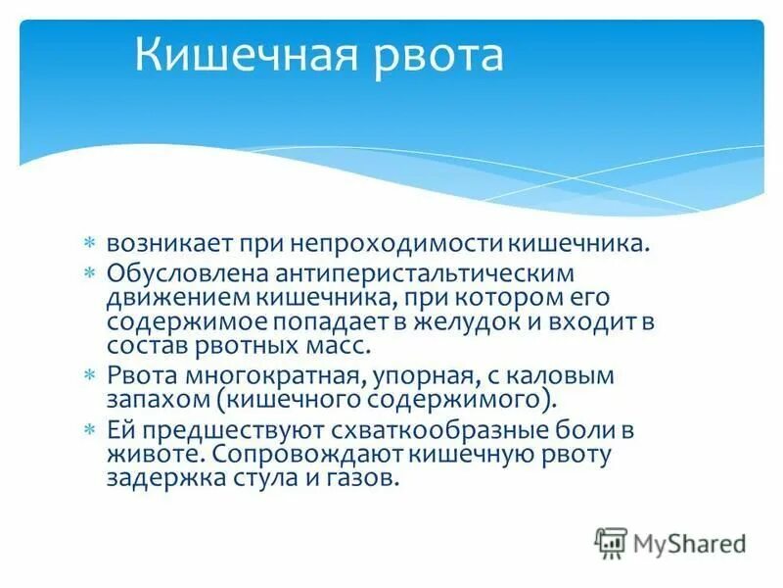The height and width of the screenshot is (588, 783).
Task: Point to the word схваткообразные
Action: click(x=418, y=428)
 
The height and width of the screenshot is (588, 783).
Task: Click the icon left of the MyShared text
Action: click(x=612, y=542)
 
